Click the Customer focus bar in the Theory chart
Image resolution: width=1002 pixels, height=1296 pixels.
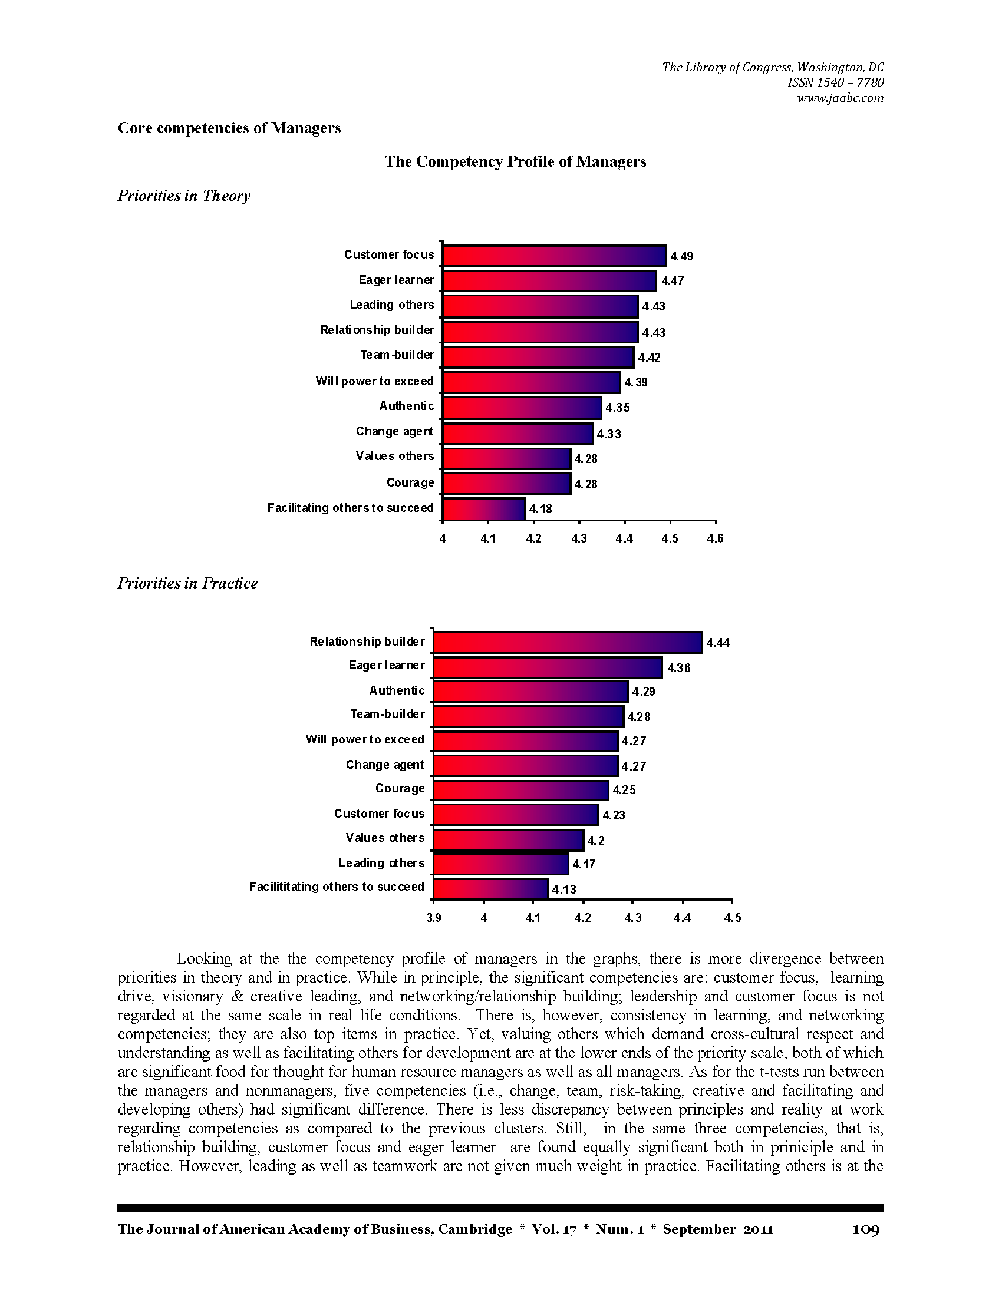555,256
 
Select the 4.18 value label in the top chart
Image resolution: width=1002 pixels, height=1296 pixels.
540,509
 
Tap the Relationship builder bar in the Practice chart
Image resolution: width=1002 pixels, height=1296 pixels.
568,643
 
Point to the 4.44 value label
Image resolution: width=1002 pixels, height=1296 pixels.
718,643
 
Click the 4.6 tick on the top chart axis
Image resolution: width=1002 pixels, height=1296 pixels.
716,538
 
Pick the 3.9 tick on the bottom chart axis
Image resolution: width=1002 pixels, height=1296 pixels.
434,918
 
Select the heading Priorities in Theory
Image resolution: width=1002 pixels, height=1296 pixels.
183,196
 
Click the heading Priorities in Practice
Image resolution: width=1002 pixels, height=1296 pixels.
187,583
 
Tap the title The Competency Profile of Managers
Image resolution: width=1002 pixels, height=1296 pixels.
515,161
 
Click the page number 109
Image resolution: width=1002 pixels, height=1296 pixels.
866,1229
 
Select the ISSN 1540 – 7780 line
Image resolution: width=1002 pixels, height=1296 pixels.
835,82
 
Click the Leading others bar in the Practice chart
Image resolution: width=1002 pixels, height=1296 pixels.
501,864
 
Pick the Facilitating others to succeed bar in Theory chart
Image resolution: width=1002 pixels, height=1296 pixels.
484,509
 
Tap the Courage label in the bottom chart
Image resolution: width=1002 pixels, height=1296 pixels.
400,789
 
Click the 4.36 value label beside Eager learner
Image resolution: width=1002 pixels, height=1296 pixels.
679,668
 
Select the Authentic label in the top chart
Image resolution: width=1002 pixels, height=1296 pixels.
407,406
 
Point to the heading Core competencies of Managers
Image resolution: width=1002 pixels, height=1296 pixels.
229,128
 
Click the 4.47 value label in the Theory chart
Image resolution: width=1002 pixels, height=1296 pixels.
673,281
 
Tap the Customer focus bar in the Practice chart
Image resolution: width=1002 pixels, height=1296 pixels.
516,815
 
